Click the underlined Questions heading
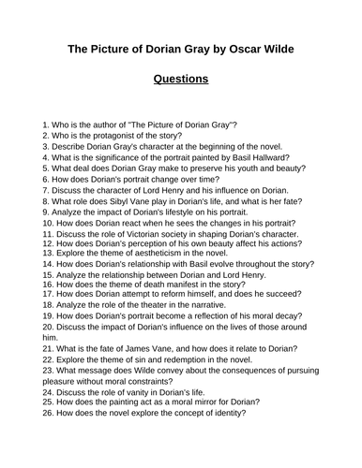(180, 80)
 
